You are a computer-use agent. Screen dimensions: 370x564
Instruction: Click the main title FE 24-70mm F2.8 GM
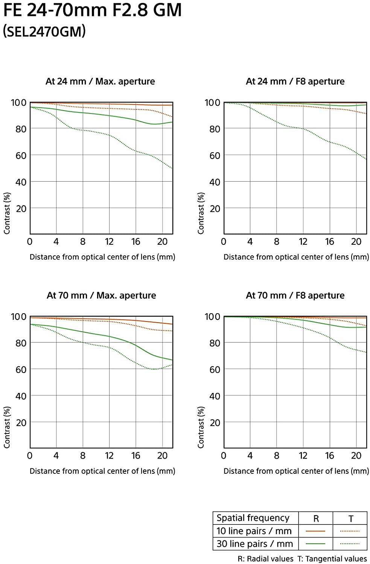click(93, 10)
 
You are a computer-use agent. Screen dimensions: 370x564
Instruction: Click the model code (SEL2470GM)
click(44, 31)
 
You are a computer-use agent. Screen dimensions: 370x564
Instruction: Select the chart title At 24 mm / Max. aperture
click(100, 81)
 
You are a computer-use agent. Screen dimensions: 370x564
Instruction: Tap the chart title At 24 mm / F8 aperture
click(295, 81)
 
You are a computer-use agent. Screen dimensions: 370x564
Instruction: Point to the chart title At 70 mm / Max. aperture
click(101, 295)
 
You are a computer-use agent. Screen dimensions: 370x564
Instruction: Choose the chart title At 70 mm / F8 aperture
click(295, 295)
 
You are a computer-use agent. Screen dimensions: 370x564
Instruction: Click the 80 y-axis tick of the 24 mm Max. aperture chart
click(21, 129)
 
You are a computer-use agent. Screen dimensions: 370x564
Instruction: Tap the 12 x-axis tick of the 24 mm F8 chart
click(303, 242)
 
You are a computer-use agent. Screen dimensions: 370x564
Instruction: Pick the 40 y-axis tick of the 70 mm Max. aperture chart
click(21, 396)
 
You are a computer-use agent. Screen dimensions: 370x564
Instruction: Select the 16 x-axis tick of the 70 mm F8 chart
click(329, 456)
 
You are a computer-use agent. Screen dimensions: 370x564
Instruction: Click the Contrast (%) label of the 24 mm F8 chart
click(201, 213)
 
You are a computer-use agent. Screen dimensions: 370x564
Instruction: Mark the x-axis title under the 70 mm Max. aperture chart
click(102, 471)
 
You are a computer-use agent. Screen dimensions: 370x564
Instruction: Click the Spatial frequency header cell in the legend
click(253, 518)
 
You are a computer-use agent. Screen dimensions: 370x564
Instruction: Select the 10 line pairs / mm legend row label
click(254, 531)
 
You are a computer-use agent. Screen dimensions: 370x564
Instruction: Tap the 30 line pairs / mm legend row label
click(255, 544)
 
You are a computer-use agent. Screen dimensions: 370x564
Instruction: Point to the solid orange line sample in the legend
click(315, 531)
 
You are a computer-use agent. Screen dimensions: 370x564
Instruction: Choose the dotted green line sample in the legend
click(350, 544)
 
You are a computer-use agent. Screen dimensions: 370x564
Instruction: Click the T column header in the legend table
click(350, 519)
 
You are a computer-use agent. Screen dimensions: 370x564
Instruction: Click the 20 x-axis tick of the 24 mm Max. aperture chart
click(162, 242)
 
